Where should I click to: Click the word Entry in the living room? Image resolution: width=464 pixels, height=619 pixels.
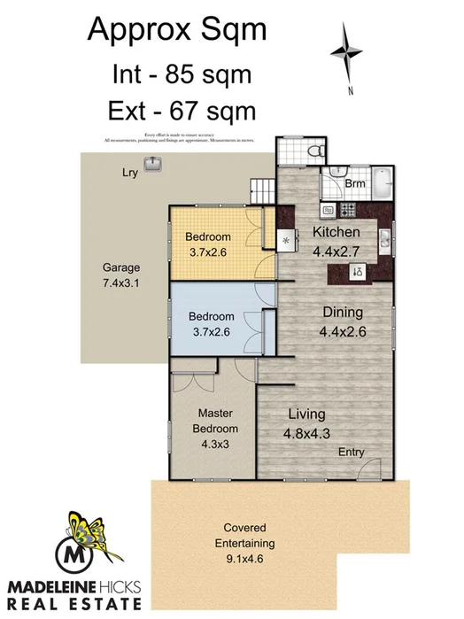coord(352,453)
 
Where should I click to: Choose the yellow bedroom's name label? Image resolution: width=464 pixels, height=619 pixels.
coord(209,236)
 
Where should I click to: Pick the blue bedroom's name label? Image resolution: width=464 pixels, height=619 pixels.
coord(212,316)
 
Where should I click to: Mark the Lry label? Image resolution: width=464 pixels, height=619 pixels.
coord(129,173)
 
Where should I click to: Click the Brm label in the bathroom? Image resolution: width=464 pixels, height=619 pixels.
coord(354,184)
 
